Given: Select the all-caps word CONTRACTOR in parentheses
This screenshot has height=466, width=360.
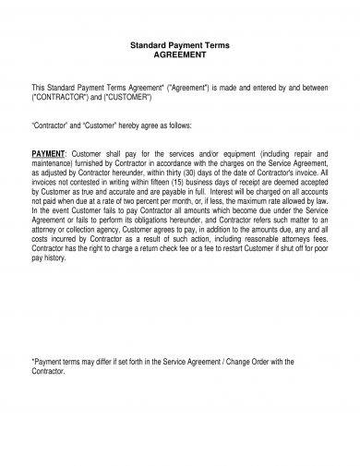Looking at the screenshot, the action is tap(66, 95).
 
